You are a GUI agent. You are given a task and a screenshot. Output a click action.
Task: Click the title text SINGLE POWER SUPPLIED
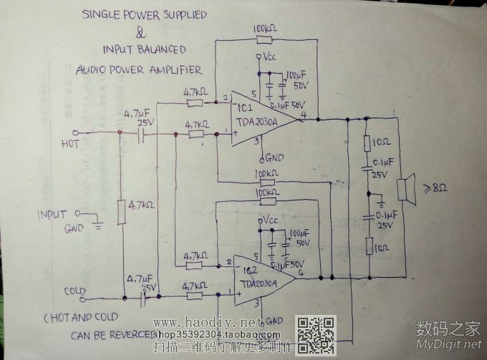tap(144, 14)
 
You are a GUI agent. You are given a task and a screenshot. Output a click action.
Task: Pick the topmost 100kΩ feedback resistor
tap(266, 39)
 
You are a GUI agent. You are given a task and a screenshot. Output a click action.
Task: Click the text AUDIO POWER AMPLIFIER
tap(138, 69)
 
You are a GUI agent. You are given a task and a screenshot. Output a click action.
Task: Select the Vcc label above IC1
tap(269, 56)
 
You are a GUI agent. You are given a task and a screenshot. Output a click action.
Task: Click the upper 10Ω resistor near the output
tap(367, 142)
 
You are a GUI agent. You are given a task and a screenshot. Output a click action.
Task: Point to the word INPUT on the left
tap(52, 214)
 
